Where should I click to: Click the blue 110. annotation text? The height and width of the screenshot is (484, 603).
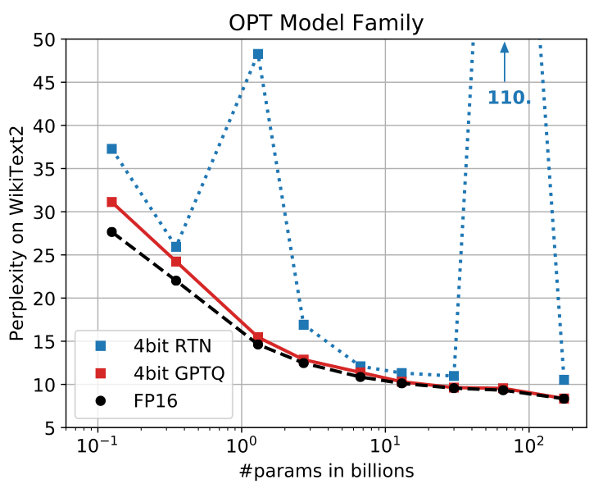pyautogui.click(x=509, y=98)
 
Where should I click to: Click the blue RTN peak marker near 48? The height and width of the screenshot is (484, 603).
pyautogui.click(x=258, y=54)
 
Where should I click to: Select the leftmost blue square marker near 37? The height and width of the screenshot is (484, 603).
pyautogui.click(x=111, y=149)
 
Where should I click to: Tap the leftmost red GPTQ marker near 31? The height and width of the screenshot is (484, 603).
pyautogui.click(x=111, y=202)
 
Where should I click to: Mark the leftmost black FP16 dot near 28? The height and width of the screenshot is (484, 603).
pyautogui.click(x=111, y=232)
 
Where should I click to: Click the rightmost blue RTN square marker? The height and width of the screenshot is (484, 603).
pyautogui.click(x=564, y=380)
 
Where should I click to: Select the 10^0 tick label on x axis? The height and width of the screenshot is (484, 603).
pyautogui.click(x=241, y=449)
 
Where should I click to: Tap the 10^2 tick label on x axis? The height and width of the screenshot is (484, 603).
pyautogui.click(x=529, y=449)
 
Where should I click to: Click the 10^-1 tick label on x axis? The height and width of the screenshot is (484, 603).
pyautogui.click(x=97, y=449)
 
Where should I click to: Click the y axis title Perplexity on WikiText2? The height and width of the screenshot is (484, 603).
pyautogui.click(x=16, y=234)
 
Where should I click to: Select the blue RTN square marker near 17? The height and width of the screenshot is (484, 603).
pyautogui.click(x=303, y=325)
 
